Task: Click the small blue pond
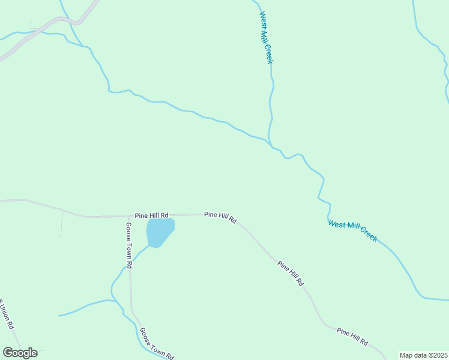pyautogui.click(x=160, y=232)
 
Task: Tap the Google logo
pyautogui.click(x=20, y=353)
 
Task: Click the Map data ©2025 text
pyautogui.click(x=424, y=355)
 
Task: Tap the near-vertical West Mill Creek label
pyautogui.click(x=267, y=37)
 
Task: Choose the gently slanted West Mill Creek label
pyautogui.click(x=353, y=231)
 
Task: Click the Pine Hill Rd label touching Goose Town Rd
pyautogui.click(x=152, y=215)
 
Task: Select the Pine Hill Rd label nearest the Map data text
pyautogui.click(x=352, y=336)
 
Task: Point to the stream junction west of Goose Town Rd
pyautogui.click(x=113, y=301)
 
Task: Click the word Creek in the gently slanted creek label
pyautogui.click(x=367, y=233)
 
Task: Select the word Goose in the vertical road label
pyautogui.click(x=128, y=230)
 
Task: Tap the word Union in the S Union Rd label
pyautogui.click(x=7, y=317)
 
